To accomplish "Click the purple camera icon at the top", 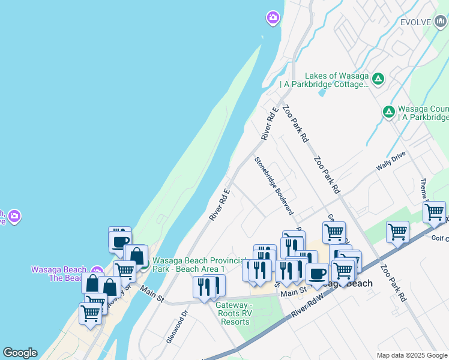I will point(273,19).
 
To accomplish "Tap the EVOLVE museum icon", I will point(441,22).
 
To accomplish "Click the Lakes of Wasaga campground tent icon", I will point(378,79).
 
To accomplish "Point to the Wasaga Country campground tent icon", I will point(389,112).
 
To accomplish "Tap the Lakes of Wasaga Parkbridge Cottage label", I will point(336,80).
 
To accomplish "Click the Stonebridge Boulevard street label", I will point(274,186).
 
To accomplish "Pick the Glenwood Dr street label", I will point(177,326).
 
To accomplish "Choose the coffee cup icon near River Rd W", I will point(317,274).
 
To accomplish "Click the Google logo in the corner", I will point(19,353).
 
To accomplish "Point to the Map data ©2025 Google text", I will point(411,355).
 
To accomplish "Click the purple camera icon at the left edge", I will point(14,216).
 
